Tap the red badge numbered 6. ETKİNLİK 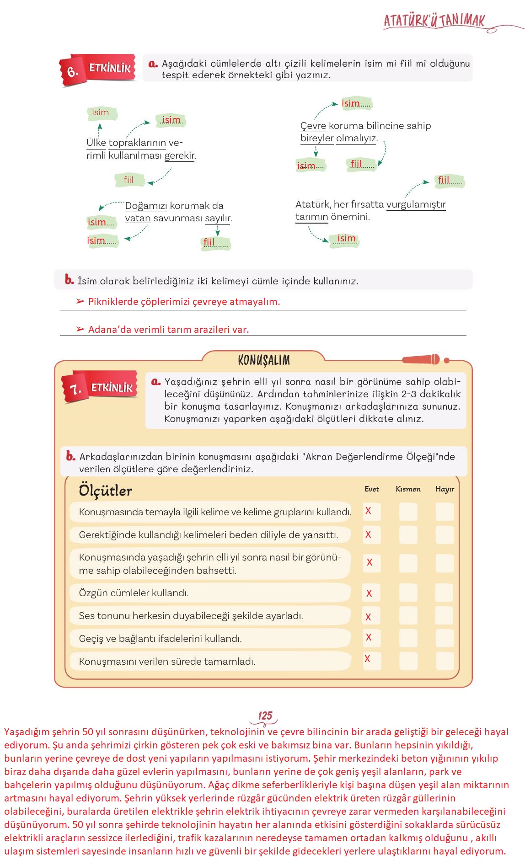(98, 69)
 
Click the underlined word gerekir (180, 155)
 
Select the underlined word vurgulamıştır (416, 204)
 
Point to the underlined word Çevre (313, 126)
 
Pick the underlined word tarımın (311, 217)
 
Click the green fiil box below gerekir (129, 180)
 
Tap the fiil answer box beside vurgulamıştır (450, 181)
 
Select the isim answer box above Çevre (356, 104)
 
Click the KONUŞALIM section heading (264, 360)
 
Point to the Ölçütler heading (105, 491)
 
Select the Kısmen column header (408, 489)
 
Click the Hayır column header (445, 489)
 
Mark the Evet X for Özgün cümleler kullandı (369, 593)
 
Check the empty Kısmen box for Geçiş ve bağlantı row (408, 638)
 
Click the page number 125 (265, 716)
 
